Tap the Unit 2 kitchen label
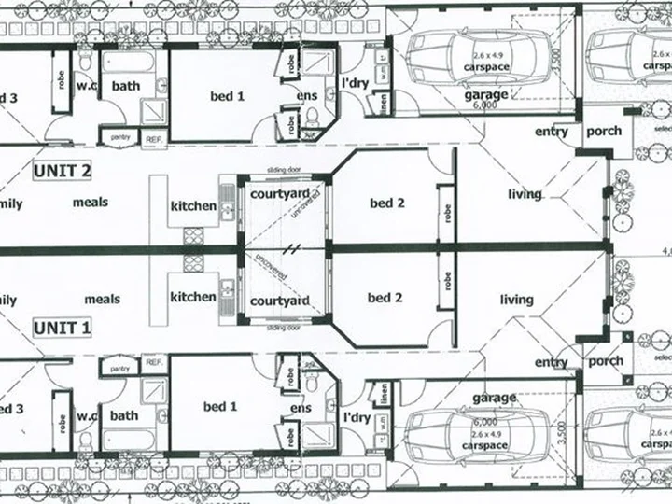[193, 205]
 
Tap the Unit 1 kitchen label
[193, 297]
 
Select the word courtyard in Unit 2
[280, 193]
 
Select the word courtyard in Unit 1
[280, 301]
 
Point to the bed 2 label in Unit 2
[385, 203]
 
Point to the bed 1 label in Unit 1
[221, 406]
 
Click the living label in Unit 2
[525, 194]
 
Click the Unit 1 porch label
[604, 361]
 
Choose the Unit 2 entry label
[551, 132]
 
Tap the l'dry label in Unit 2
[357, 84]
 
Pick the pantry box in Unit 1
[119, 370]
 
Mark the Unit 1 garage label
[494, 398]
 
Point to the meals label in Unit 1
[103, 299]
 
